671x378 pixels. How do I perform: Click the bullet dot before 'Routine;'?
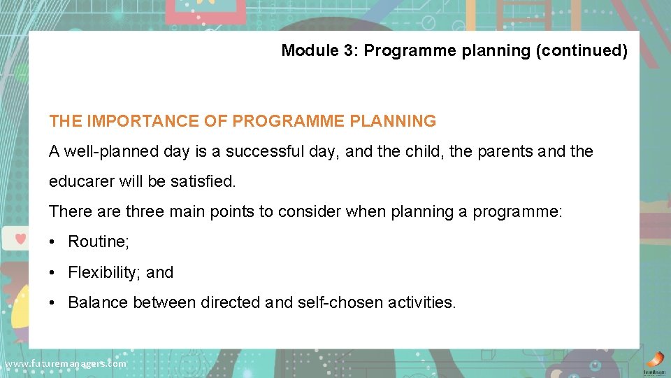pyautogui.click(x=52, y=242)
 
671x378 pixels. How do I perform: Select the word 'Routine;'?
pyautogui.click(x=99, y=242)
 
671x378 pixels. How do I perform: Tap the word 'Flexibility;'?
pyautogui.click(x=105, y=272)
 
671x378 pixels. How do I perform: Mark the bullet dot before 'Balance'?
pyautogui.click(x=52, y=303)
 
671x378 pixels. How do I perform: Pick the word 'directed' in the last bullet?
pyautogui.click(x=231, y=302)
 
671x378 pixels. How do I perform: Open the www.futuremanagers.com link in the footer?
pyautogui.click(x=66, y=363)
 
